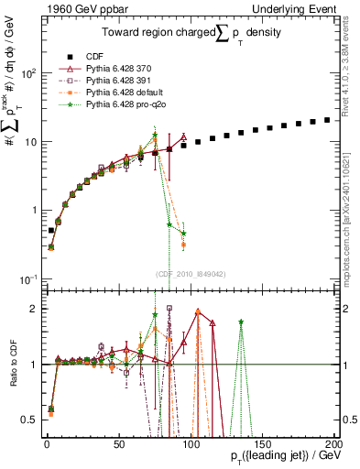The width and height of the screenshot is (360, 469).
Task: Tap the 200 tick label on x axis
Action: pos(335,443)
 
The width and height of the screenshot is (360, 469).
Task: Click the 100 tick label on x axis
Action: pos(191,443)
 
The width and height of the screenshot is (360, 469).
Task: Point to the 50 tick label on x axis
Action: pos(118,443)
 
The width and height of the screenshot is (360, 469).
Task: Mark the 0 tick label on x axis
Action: pos(46,443)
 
